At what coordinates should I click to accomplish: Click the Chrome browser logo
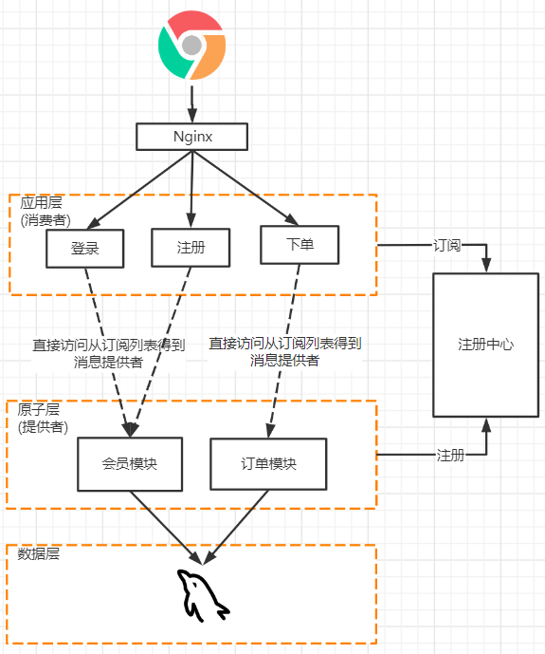[x=191, y=45]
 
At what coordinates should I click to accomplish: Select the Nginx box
[x=191, y=137]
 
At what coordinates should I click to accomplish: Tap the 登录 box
[x=85, y=249]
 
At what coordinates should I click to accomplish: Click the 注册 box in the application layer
[x=191, y=248]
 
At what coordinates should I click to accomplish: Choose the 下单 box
[x=300, y=245]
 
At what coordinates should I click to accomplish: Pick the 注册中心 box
[x=485, y=345]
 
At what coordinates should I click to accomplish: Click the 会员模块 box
[x=129, y=464]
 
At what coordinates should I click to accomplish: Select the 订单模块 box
[x=268, y=464]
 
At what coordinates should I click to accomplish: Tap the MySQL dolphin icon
[x=201, y=594]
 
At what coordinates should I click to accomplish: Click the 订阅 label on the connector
[x=447, y=246]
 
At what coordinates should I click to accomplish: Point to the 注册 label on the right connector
[x=450, y=456]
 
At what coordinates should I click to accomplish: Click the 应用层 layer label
[x=40, y=203]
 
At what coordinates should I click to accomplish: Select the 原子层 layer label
[x=39, y=409]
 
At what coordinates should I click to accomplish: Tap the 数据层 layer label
[x=39, y=553]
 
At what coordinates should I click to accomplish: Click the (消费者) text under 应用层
[x=45, y=219]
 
